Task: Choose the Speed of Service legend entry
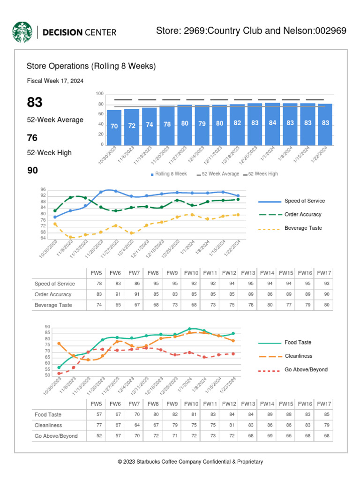click(304, 201)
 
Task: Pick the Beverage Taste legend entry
click(303, 228)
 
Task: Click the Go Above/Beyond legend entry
click(306, 369)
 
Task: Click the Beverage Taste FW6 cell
click(115, 305)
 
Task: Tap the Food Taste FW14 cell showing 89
click(267, 414)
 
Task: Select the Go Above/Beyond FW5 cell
click(96, 435)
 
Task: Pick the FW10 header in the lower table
click(191, 404)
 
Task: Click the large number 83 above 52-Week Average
click(35, 103)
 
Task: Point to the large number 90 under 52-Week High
click(32, 170)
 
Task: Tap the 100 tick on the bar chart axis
click(99, 94)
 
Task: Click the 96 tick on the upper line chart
click(43, 189)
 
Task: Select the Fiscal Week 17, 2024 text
click(55, 81)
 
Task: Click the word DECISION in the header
click(62, 32)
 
